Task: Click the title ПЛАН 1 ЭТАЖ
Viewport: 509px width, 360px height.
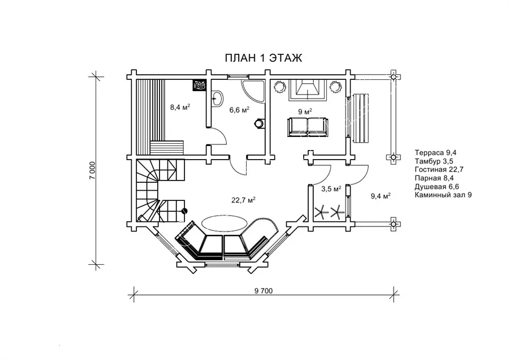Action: [263, 58]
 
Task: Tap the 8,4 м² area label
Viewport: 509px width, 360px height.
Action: [180, 106]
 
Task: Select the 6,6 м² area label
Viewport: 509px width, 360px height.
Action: [239, 109]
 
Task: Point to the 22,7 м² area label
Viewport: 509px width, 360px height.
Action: [243, 200]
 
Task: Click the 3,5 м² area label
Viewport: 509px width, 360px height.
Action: [331, 188]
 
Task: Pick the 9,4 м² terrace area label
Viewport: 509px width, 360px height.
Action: [381, 196]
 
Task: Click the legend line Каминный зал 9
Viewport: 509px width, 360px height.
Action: [443, 195]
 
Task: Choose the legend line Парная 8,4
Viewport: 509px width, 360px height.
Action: [434, 178]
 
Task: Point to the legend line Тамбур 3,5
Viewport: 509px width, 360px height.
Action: [434, 161]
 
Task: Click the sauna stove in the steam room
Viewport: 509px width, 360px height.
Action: [199, 85]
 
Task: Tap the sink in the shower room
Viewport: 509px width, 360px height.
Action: [217, 98]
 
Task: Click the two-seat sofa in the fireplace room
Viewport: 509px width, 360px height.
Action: [307, 127]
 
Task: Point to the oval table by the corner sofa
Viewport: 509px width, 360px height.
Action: [225, 223]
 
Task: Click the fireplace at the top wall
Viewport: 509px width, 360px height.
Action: [307, 90]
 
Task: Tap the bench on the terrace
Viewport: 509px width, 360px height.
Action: [360, 118]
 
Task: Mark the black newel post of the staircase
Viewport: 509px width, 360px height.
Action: [184, 211]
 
